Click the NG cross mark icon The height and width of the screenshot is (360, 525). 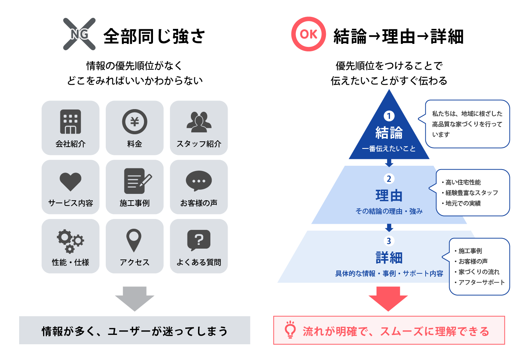(x=79, y=34)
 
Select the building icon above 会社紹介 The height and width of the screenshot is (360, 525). (x=70, y=121)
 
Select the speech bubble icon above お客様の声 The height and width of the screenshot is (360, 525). (x=199, y=180)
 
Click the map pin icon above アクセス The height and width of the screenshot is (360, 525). (x=134, y=240)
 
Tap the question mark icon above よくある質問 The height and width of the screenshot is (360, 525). (x=199, y=240)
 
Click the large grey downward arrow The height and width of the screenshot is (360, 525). (x=135, y=299)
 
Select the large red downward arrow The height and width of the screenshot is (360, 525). (x=388, y=299)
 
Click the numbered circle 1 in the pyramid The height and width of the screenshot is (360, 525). (x=389, y=116)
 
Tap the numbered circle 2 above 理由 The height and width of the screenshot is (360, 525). (x=389, y=179)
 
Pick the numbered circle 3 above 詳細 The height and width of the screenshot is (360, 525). (x=389, y=241)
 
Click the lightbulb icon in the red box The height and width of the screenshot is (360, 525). (x=290, y=330)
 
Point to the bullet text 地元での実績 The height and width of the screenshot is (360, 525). (x=463, y=203)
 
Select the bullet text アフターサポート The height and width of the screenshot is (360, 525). (x=481, y=282)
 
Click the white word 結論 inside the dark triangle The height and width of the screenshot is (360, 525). (x=389, y=133)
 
